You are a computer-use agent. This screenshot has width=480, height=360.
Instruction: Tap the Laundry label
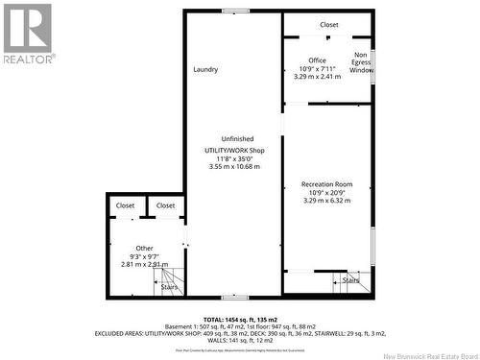(205, 69)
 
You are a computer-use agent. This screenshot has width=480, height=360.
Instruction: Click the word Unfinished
(237, 137)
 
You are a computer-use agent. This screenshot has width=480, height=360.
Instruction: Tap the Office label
(317, 60)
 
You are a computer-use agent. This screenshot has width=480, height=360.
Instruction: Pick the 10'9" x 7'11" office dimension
(317, 68)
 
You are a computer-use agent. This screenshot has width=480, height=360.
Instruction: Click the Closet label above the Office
(329, 25)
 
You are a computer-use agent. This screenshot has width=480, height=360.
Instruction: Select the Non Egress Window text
(361, 62)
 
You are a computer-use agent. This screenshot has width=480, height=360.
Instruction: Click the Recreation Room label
(326, 184)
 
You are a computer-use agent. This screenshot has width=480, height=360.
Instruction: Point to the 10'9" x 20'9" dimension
(326, 192)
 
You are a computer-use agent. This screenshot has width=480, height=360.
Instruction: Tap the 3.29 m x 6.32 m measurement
(326, 201)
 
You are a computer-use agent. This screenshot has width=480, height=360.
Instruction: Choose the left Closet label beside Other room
(126, 205)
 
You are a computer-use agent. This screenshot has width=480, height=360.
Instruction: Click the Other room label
(144, 248)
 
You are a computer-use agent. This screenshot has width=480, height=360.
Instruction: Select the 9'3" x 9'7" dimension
(144, 255)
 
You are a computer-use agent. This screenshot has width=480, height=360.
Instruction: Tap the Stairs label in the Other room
(169, 287)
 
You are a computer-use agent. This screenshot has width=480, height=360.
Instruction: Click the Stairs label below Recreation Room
(351, 280)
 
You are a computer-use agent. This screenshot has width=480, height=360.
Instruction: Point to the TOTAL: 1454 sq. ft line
(240, 319)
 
